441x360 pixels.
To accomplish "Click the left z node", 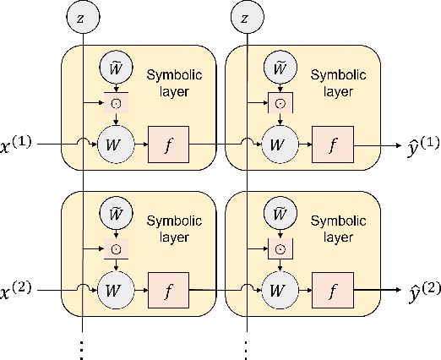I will tap(82, 18).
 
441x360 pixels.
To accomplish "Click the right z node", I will tap(245, 18).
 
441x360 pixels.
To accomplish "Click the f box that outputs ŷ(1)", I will tap(333, 144).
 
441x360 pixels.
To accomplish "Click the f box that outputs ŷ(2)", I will tap(333, 290).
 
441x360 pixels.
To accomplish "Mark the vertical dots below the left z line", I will tap(82, 347).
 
